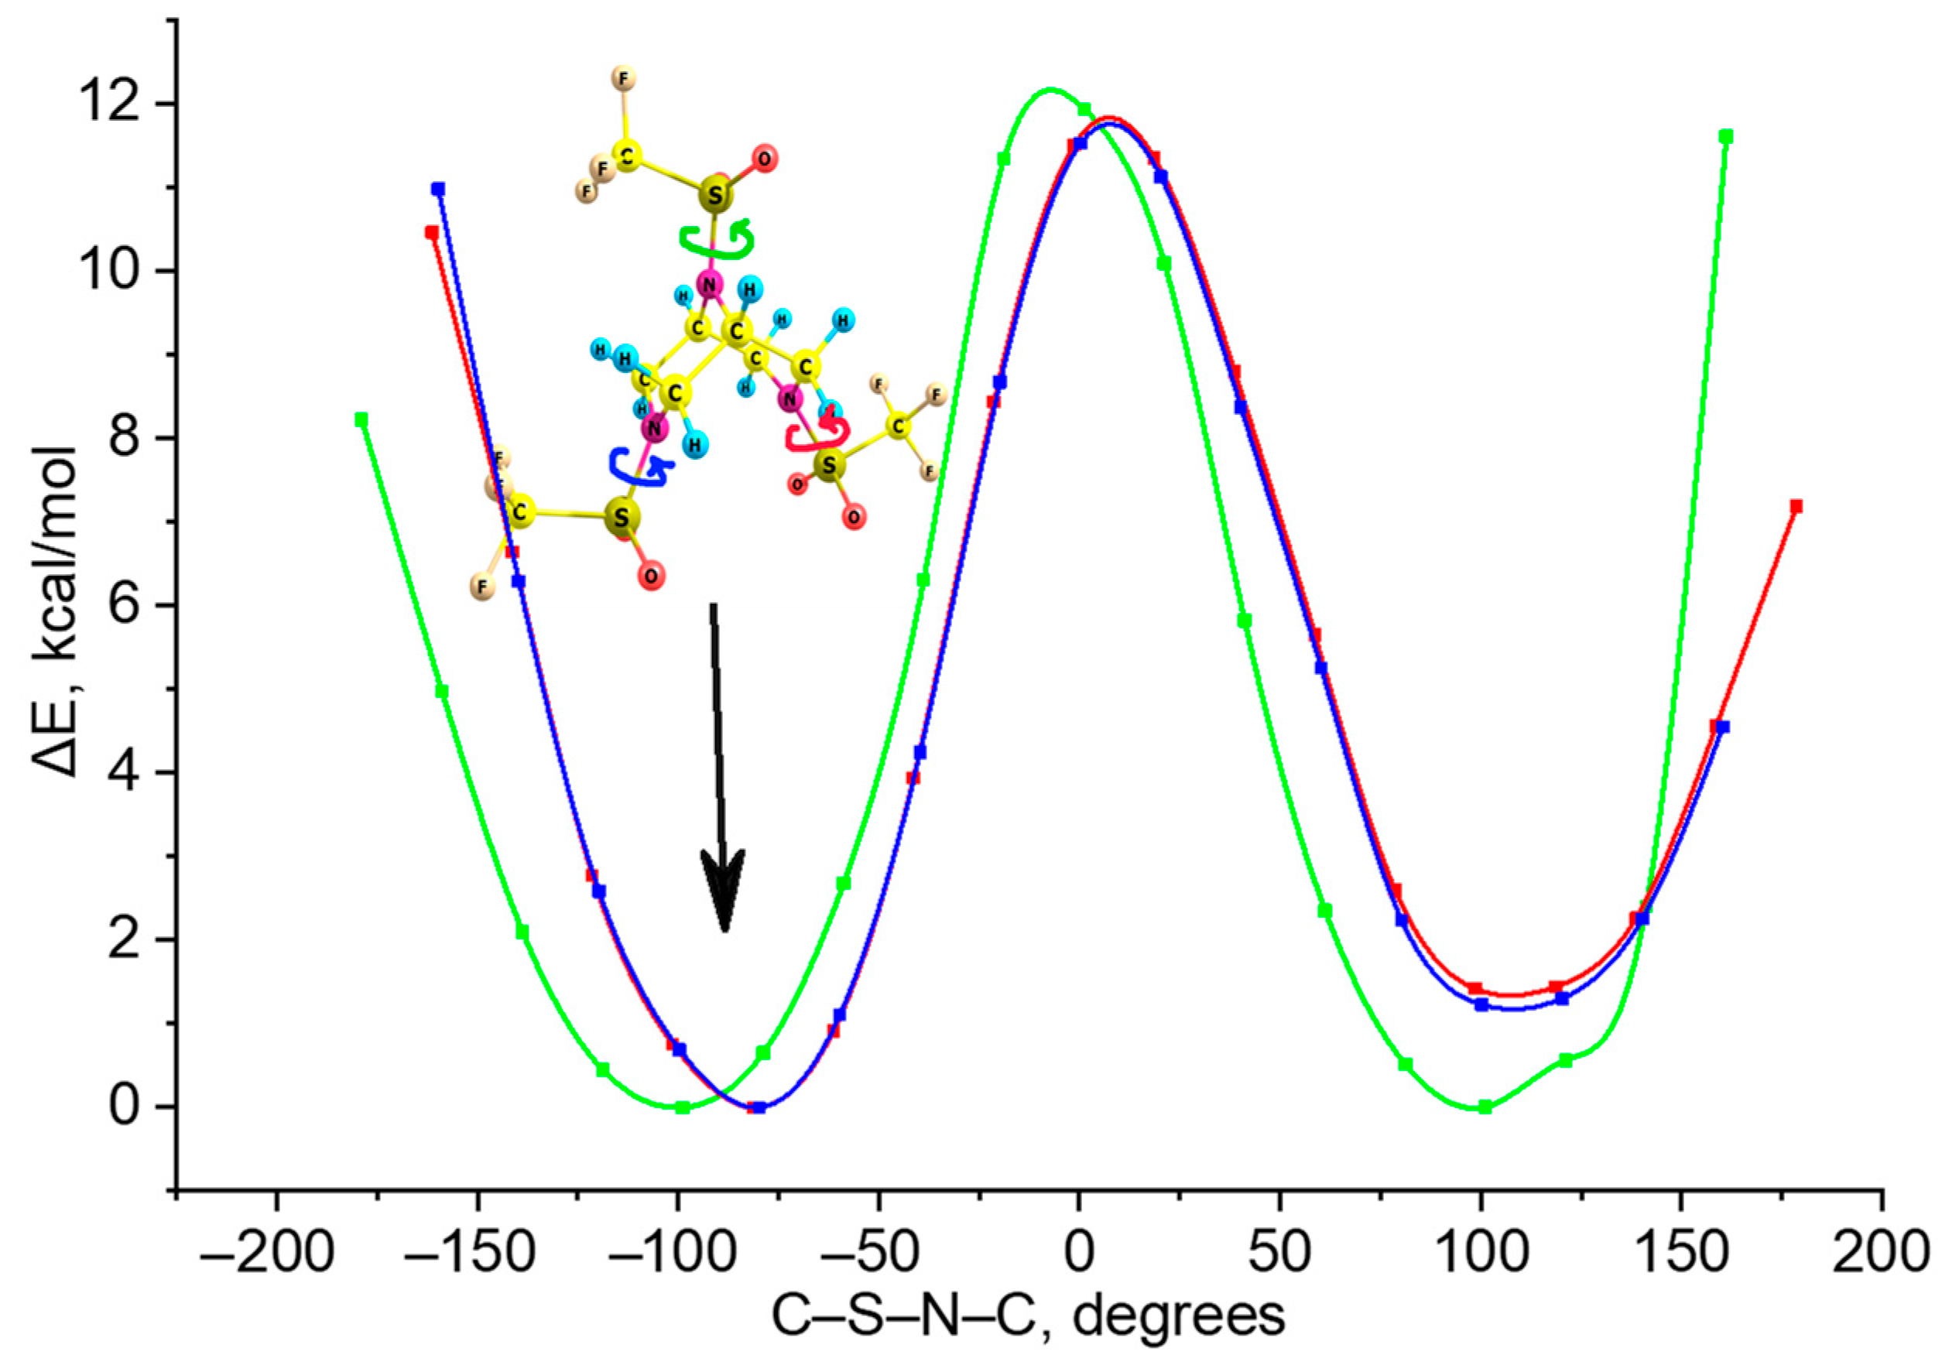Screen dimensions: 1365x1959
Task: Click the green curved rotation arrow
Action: tap(717, 241)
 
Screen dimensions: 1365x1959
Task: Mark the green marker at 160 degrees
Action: tap(1726, 136)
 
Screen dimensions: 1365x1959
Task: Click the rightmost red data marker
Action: tap(1796, 507)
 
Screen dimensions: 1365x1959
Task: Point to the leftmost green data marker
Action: tap(361, 419)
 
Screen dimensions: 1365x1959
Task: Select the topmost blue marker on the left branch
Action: tap(438, 189)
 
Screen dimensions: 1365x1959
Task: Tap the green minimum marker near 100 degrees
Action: tap(1485, 1107)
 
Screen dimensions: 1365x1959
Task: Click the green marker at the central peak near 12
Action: tap(1084, 109)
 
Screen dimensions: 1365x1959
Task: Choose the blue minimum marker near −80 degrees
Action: tap(759, 1107)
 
